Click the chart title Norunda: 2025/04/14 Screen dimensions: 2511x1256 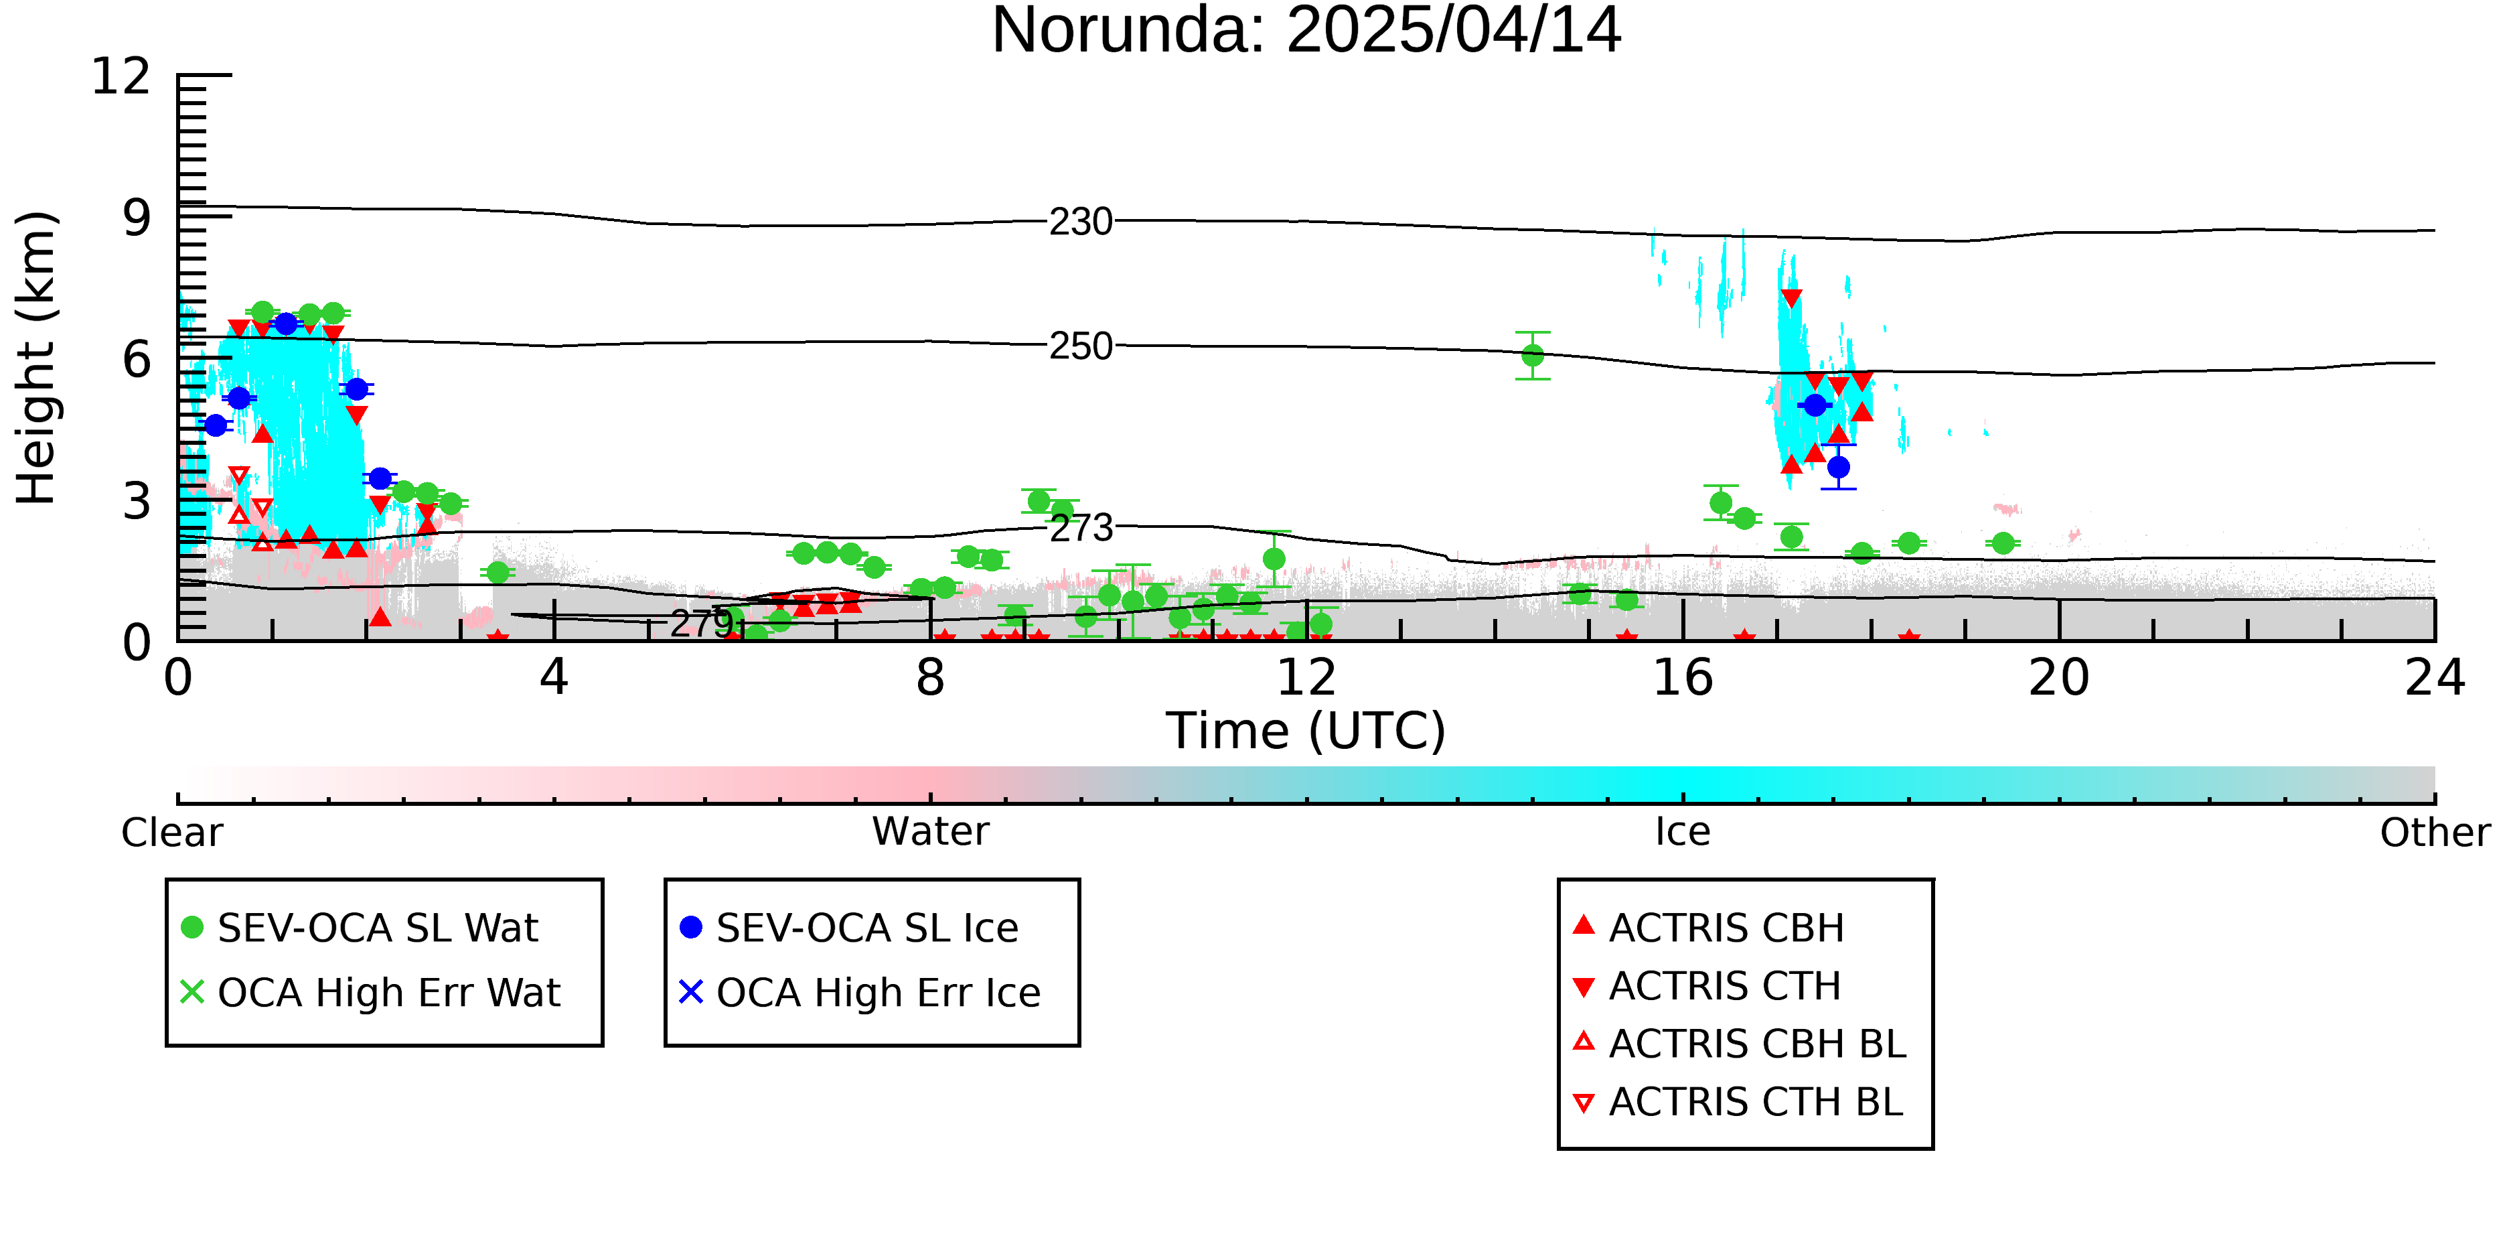click(1306, 31)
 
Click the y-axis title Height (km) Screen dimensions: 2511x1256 click(37, 358)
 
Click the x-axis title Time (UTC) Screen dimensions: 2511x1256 click(1306, 731)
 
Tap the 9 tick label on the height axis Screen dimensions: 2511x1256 click(137, 218)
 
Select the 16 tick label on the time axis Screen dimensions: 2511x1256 click(1683, 678)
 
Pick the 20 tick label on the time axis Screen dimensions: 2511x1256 click(2059, 678)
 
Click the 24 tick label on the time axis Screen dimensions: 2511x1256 click(2435, 678)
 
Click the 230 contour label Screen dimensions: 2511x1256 click(1081, 222)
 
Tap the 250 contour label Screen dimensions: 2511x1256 click(1081, 346)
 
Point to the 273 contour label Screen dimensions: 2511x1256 click(1081, 529)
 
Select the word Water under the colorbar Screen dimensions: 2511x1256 click(931, 832)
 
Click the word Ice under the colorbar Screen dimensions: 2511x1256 click(1683, 832)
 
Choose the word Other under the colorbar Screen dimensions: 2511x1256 click(2435, 833)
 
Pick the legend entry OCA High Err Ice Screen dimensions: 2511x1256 click(860, 993)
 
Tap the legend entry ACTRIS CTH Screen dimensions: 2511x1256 click(1707, 986)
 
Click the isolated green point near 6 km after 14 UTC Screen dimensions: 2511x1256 click(1532, 356)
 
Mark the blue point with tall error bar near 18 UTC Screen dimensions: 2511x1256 click(1839, 467)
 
